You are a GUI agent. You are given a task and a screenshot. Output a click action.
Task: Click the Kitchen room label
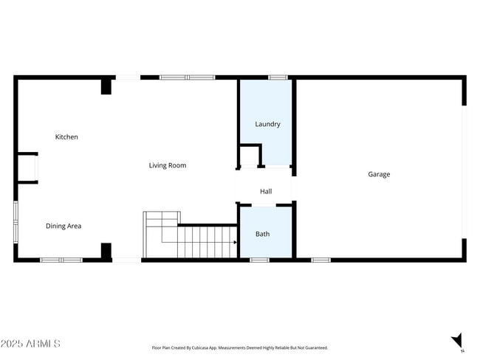tap(66, 137)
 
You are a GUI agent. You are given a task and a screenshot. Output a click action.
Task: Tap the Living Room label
tap(168, 165)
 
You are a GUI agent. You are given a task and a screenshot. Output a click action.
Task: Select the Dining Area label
tap(64, 226)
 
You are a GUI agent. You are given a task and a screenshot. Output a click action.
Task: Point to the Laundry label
tap(267, 124)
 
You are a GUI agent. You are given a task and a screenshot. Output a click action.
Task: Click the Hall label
tap(266, 192)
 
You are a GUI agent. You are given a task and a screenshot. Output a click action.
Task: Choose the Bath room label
tap(263, 234)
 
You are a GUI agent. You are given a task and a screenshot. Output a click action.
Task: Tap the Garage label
tap(379, 174)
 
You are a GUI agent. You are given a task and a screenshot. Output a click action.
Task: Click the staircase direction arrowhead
tap(235, 241)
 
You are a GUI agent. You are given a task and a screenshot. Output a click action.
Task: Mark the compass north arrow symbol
tap(457, 341)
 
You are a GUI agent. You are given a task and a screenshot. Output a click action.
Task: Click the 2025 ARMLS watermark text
tap(30, 344)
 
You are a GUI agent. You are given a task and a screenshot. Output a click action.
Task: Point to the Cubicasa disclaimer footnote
tap(239, 347)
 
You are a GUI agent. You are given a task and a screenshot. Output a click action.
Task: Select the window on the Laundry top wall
tap(278, 77)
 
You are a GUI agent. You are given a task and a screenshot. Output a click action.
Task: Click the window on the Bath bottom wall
tap(259, 260)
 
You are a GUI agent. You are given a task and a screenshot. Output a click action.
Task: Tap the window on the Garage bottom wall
tap(320, 260)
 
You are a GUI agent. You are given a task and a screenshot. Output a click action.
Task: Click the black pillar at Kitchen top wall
tap(106, 86)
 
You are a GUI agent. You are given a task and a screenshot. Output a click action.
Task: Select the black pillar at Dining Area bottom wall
tap(106, 251)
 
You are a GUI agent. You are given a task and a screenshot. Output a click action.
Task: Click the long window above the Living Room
tap(188, 77)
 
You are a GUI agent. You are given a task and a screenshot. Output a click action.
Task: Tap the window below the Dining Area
tap(61, 260)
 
